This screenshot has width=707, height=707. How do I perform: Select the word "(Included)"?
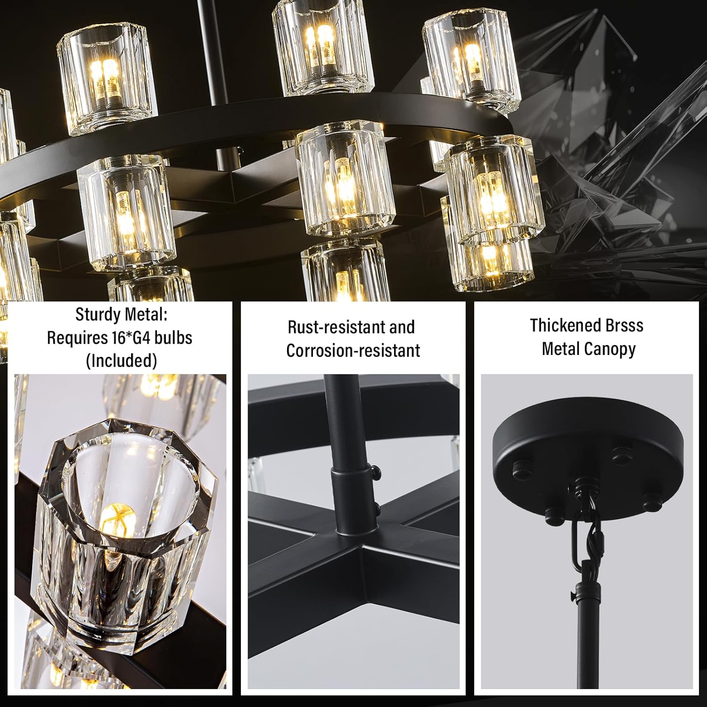121,361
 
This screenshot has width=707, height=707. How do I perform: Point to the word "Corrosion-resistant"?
353,351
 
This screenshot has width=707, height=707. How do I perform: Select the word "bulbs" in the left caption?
176,338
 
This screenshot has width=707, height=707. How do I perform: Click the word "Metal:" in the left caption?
145,314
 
